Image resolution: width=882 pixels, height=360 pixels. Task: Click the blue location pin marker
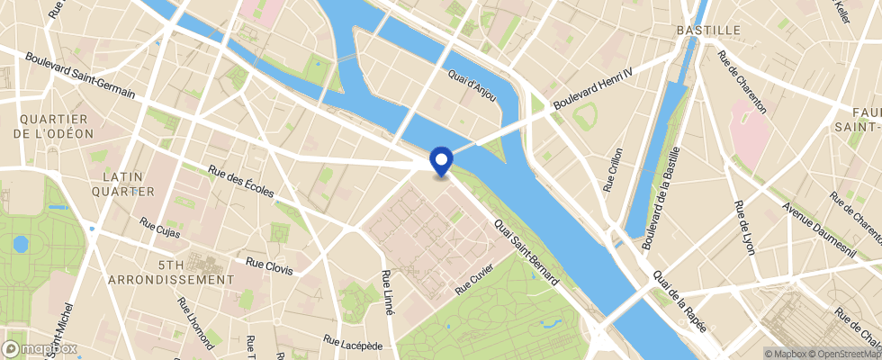pos(441,160)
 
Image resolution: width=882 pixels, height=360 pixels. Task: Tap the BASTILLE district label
pos(708,30)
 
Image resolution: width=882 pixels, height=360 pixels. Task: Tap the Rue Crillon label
pos(613,170)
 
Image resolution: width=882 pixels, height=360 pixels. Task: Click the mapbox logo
pos(40,347)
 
